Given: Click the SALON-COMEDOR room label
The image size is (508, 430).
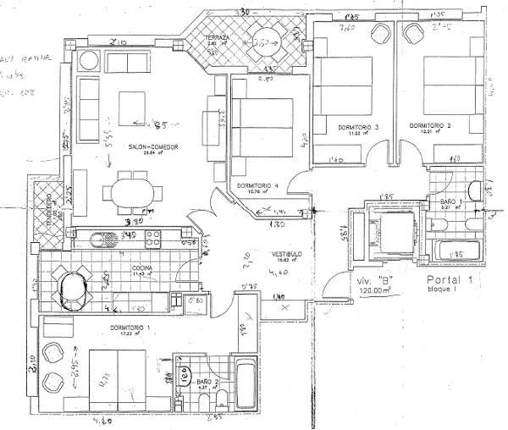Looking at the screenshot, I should coord(152,147).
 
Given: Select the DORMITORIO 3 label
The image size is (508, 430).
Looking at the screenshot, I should coord(357,128).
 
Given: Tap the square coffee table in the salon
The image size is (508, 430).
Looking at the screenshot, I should coord(135,107).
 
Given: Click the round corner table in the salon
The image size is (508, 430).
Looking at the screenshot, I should coord(88,62).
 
